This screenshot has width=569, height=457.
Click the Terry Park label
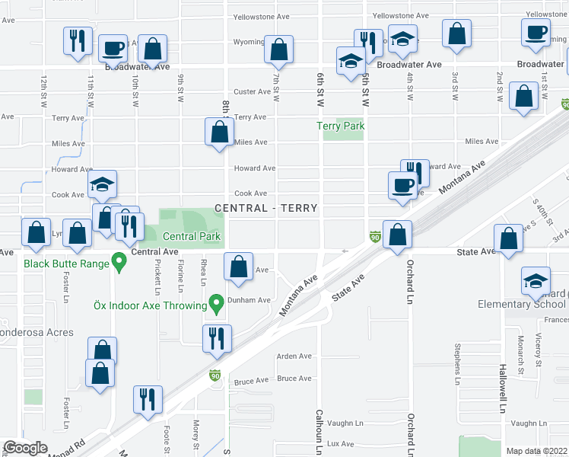341,126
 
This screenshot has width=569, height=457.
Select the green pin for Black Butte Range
119,264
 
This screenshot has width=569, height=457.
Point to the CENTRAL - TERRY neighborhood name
265,208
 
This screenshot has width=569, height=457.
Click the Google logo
25,448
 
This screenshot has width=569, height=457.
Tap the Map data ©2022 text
537,451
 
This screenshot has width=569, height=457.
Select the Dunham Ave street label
253,300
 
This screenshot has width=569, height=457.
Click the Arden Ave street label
294,356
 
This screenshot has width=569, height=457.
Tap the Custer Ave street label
252,91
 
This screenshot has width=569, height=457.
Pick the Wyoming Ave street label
249,42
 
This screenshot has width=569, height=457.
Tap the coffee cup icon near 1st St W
536,31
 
